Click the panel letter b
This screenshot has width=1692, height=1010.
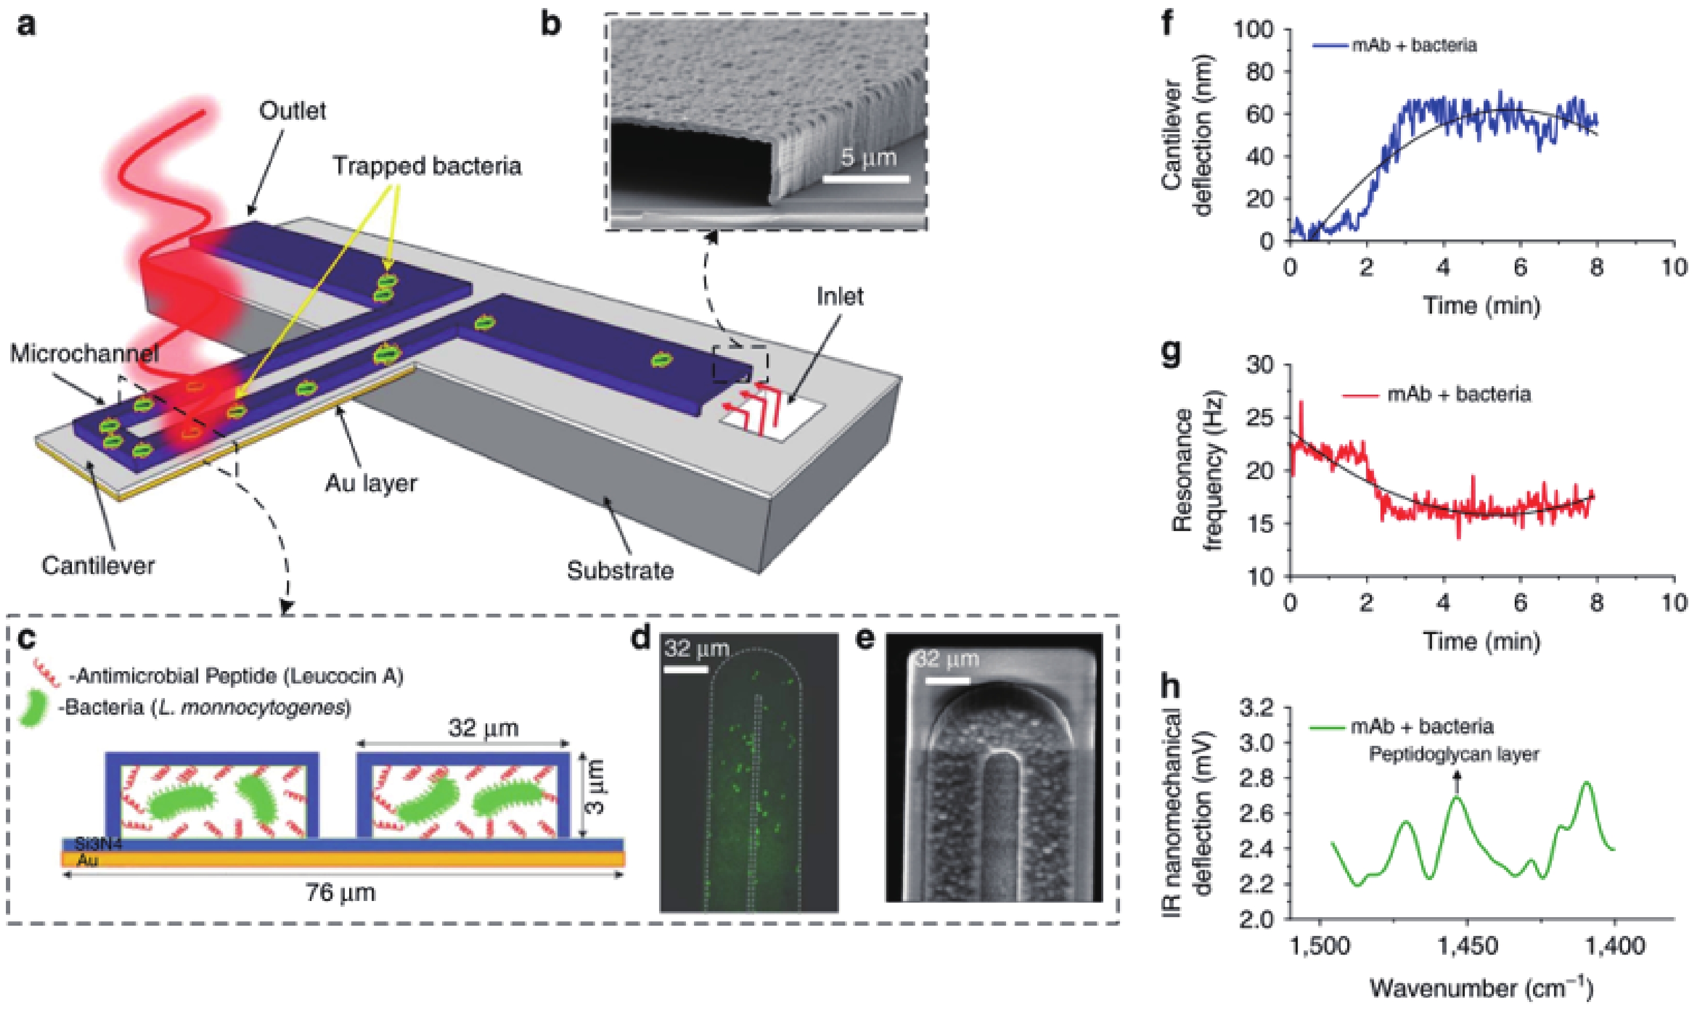pos(549,25)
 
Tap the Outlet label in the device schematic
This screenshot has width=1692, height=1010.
pos(292,110)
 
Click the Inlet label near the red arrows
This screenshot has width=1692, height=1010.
pos(840,296)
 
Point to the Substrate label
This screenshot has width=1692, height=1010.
pos(620,570)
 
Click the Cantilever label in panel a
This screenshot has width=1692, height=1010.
pos(98,565)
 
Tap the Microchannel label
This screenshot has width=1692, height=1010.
pos(84,353)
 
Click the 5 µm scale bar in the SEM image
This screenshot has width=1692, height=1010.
pos(866,179)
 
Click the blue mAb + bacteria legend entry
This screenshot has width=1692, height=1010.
pos(1396,46)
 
